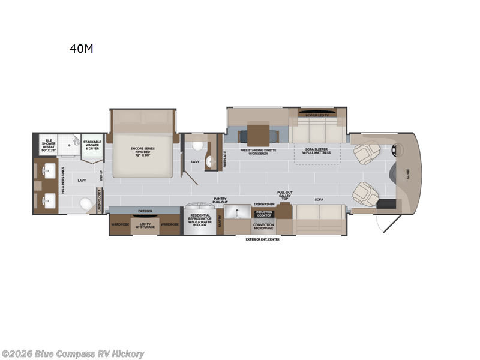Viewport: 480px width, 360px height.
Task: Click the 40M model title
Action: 81,49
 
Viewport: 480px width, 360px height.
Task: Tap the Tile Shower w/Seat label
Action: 49,145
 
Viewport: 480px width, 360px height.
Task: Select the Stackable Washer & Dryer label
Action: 92,145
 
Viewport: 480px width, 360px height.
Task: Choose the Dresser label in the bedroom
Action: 145,211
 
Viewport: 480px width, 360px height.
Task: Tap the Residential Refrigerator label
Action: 200,220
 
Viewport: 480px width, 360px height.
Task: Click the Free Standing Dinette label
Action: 259,151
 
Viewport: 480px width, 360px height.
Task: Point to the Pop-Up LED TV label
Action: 317,114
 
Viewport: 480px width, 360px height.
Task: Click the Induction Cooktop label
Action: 264,214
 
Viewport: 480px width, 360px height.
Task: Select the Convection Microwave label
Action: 264,227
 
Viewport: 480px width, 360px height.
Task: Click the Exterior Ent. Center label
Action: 262,239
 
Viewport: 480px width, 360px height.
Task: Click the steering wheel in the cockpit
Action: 395,151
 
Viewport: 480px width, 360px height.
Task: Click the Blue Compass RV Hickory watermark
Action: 73,354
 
